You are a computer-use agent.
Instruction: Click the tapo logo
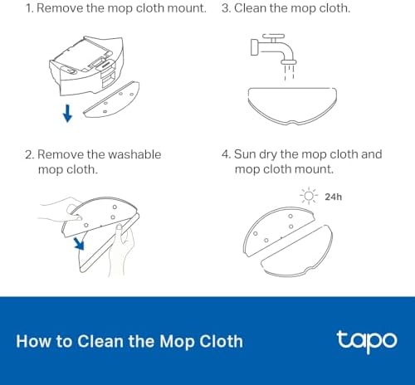pos(367,341)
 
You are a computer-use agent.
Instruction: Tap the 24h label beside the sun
pos(334,197)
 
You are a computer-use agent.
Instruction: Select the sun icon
pos(309,196)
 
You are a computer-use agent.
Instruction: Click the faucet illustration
pos(274,49)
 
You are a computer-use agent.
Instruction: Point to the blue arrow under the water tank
pos(67,113)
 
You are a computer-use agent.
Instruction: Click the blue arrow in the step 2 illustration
pos(79,243)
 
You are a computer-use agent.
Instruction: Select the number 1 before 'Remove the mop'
pos(28,8)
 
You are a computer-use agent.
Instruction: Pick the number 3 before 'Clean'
pos(226,8)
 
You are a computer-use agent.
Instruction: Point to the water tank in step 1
pos(86,66)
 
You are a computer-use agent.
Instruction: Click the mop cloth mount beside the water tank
pos(112,100)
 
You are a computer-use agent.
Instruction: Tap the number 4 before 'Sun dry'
pos(226,154)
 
